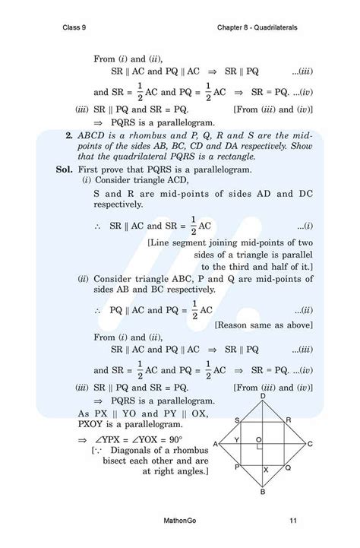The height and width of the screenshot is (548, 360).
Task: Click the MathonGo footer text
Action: pyautogui.click(x=181, y=521)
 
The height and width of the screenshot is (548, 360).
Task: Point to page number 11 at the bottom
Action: pyautogui.click(x=293, y=521)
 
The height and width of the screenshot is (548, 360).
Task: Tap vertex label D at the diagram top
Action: pyautogui.click(x=263, y=396)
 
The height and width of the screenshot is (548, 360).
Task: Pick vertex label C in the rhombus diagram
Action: pyautogui.click(x=310, y=444)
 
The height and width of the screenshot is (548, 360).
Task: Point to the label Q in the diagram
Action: pyautogui.click(x=287, y=468)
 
